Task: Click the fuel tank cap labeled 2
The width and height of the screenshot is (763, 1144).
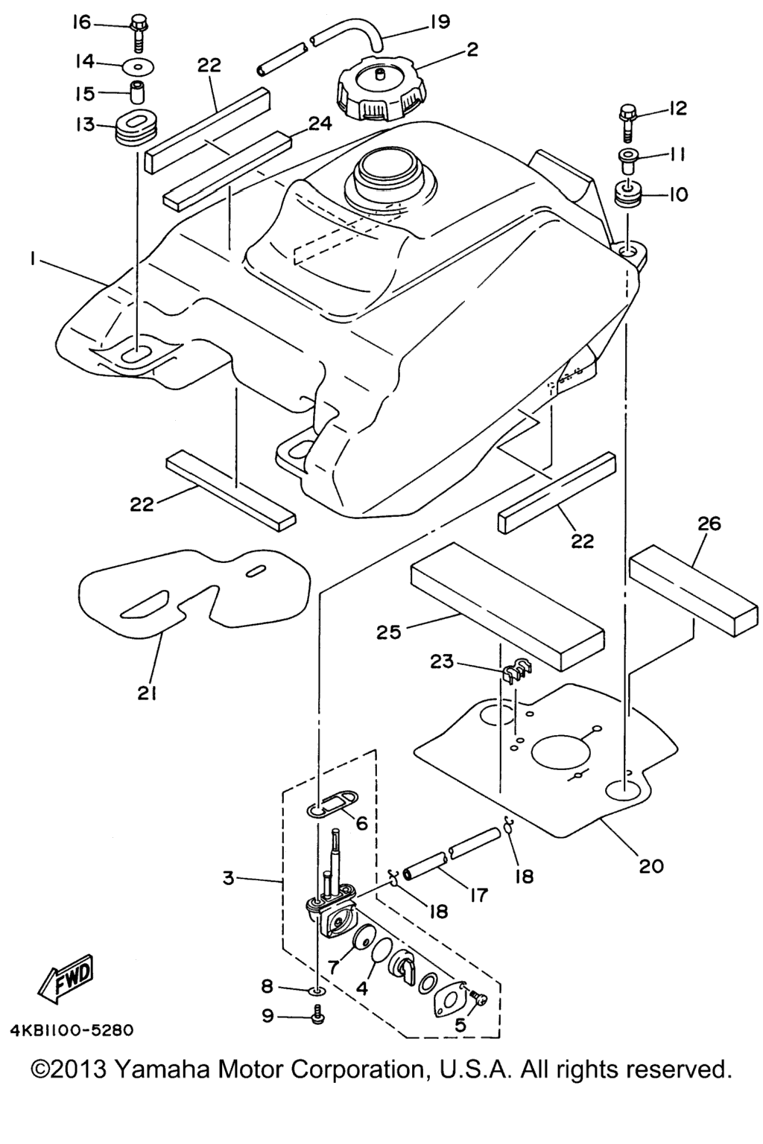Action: click(x=381, y=93)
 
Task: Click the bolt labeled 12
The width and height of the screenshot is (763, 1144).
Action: click(x=629, y=123)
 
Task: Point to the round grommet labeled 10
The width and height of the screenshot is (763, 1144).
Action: click(x=628, y=194)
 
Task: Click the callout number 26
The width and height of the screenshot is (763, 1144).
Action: click(x=709, y=524)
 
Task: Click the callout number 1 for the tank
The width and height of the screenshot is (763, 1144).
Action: click(x=32, y=261)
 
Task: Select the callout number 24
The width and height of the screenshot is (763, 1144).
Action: click(x=320, y=124)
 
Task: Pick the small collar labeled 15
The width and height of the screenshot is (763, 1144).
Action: click(x=136, y=92)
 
